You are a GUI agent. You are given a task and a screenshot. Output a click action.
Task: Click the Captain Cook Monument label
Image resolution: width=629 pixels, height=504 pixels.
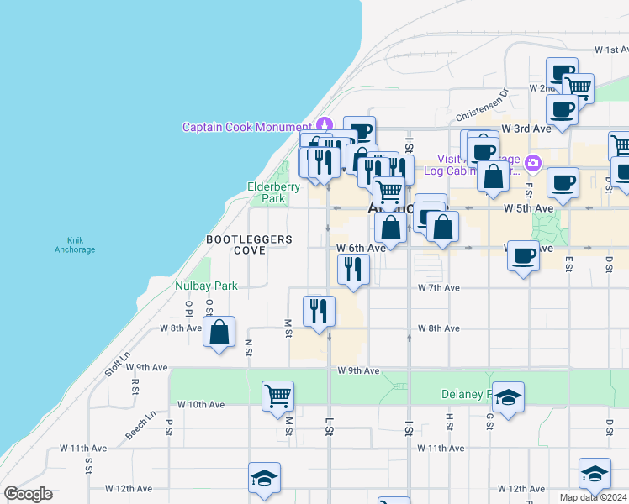249,128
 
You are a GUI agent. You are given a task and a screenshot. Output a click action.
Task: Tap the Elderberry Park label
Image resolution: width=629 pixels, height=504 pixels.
268,192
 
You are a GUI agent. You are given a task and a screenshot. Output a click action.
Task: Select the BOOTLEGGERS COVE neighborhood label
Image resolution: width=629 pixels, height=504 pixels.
250,244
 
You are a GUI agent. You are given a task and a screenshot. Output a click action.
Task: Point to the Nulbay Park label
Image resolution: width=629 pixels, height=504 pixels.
206,286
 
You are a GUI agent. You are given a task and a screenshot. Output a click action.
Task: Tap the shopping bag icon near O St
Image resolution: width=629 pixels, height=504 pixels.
219,332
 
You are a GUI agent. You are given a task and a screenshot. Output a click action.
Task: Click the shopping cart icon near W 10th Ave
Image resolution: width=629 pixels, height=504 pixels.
277,395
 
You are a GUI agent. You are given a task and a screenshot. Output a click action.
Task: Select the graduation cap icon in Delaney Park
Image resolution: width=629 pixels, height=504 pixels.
508,397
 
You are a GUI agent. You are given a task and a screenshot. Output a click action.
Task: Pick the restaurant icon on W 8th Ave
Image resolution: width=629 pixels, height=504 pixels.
319,311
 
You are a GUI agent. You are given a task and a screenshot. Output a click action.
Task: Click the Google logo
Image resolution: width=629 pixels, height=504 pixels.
28,494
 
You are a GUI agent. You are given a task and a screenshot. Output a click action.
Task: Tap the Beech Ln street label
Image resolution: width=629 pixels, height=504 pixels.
140,424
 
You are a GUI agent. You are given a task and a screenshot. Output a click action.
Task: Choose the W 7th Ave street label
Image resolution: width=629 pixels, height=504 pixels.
439,287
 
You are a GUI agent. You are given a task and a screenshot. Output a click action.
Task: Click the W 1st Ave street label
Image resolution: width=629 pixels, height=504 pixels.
610,50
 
